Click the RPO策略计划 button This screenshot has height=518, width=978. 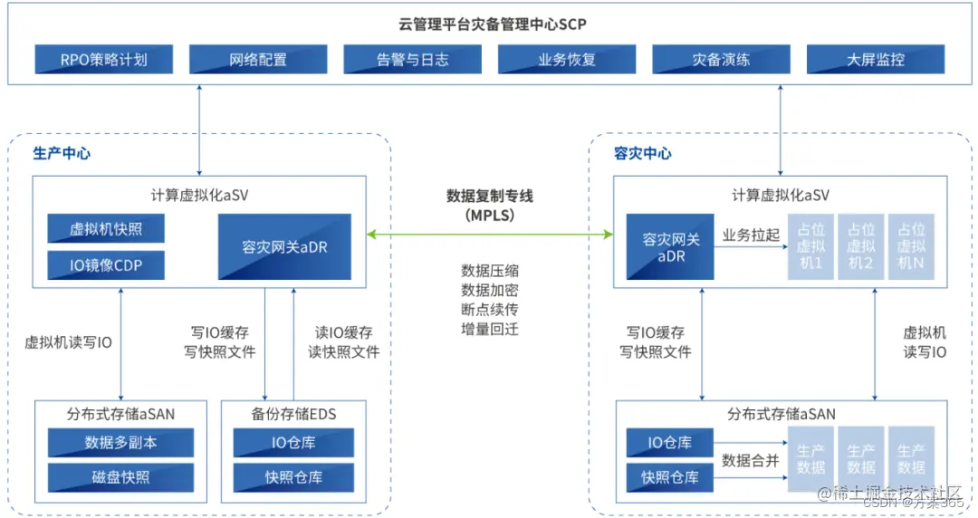pyautogui.click(x=104, y=60)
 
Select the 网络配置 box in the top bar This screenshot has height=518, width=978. pyautogui.click(x=258, y=60)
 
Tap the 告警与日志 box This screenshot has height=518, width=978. pyautogui.click(x=412, y=60)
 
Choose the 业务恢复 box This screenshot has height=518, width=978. pyautogui.click(x=567, y=60)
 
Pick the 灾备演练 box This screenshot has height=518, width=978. pyautogui.click(x=721, y=60)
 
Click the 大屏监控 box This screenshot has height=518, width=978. pyautogui.click(x=875, y=60)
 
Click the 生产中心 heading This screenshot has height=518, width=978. pyautogui.click(x=62, y=153)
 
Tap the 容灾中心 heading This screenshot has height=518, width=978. pyautogui.click(x=643, y=153)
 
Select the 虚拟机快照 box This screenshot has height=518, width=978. pyautogui.click(x=106, y=229)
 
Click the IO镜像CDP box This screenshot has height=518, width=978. pyautogui.click(x=106, y=265)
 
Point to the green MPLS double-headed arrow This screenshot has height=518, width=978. pyautogui.click(x=490, y=235)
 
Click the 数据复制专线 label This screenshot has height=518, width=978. pyautogui.click(x=490, y=196)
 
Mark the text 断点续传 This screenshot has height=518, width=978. pyautogui.click(x=490, y=309)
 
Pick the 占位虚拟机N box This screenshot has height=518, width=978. pyautogui.click(x=910, y=246)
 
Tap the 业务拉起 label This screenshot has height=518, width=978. pyautogui.click(x=751, y=235)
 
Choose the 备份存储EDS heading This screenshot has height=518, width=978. pyautogui.click(x=293, y=414)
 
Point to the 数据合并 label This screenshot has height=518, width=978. pyautogui.click(x=751, y=460)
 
